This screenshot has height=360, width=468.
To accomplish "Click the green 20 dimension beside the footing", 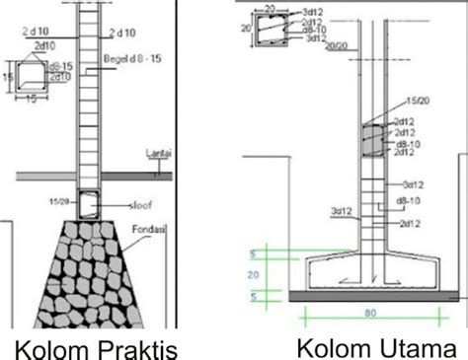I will pos(255,275).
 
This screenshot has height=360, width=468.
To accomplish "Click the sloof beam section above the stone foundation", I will pos(91,204).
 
